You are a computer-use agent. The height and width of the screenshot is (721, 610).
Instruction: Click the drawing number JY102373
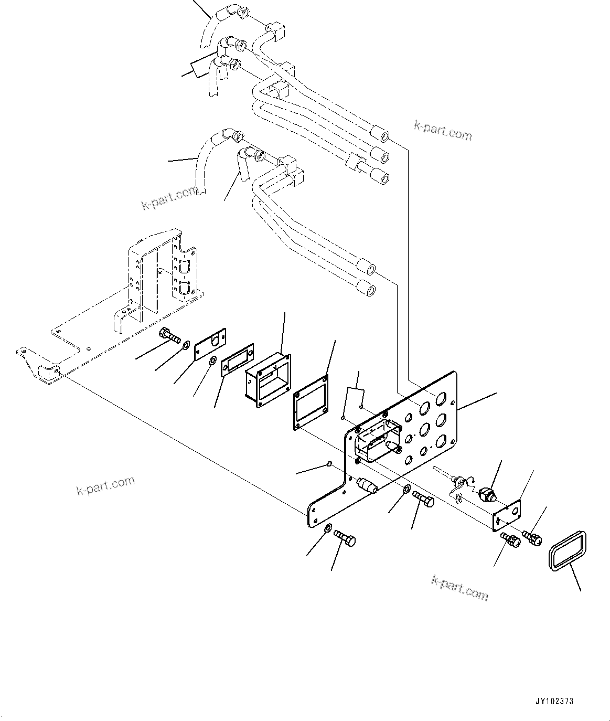click(x=554, y=701)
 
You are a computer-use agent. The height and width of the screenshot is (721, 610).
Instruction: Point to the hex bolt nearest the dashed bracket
click(x=169, y=334)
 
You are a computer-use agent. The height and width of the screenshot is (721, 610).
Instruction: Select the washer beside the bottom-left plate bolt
click(x=328, y=528)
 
